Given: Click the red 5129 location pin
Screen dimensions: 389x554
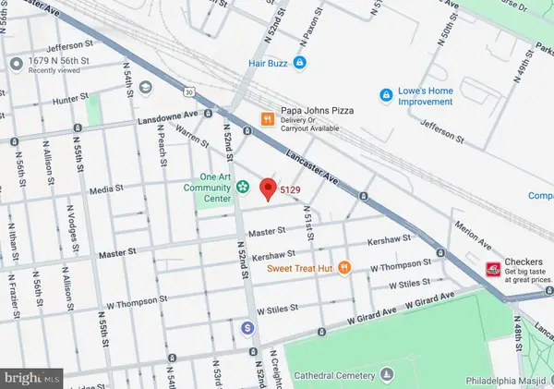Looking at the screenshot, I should click(x=268, y=188).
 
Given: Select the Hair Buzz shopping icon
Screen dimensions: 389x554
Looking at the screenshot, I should click(x=300, y=63).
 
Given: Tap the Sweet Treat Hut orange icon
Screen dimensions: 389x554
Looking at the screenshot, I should click(x=343, y=268).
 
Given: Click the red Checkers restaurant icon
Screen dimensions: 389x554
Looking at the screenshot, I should click(x=494, y=268).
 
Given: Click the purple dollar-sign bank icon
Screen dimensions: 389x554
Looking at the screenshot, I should click(x=247, y=327).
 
